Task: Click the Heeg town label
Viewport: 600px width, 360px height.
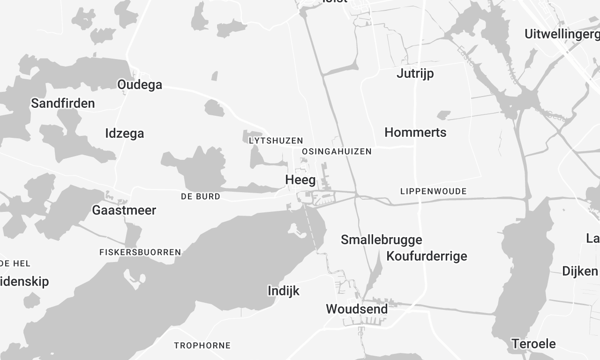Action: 300,180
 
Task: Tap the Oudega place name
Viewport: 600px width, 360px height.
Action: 139,85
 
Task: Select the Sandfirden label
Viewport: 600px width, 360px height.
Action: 63,103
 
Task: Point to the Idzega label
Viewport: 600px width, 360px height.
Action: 125,133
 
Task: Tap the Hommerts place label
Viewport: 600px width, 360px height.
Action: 415,132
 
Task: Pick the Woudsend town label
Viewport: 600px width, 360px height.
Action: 357,309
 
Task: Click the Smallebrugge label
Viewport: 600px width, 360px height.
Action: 381,240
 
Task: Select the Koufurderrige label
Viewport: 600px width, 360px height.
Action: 426,257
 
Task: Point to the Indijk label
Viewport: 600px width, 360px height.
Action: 284,291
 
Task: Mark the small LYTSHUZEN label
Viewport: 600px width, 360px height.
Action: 274,141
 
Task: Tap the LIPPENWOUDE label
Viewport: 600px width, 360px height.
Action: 433,190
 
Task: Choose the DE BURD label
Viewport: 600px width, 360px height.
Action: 200,197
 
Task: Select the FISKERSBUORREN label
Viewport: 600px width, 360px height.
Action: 139,252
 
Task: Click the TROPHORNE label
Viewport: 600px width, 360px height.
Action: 202,345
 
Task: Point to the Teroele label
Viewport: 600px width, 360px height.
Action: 531,343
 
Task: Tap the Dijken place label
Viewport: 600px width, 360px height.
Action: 579,271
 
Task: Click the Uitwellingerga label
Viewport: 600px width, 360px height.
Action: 561,34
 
